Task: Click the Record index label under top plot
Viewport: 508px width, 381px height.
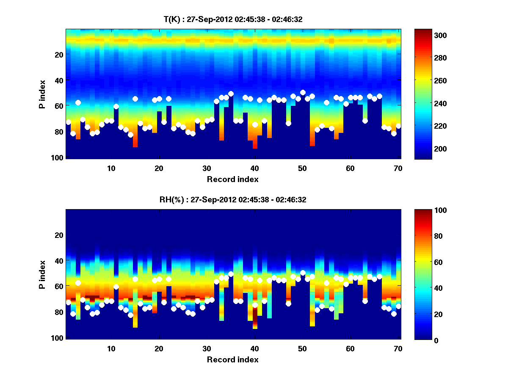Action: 232,179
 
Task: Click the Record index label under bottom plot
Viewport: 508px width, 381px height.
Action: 232,360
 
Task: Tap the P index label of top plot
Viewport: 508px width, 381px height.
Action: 42,94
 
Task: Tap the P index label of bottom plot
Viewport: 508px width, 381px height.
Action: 42,275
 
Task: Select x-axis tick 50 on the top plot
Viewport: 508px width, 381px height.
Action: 302,168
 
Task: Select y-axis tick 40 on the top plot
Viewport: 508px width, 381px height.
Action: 58,80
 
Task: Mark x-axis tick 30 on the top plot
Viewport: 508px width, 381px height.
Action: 207,168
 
